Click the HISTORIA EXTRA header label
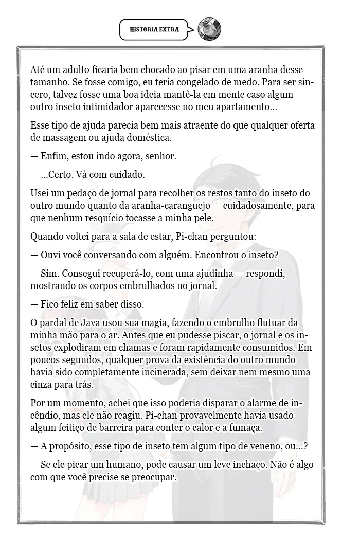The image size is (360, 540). [x=154, y=30]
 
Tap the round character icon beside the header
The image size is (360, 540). [x=210, y=29]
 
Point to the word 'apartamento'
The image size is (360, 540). [x=243, y=107]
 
